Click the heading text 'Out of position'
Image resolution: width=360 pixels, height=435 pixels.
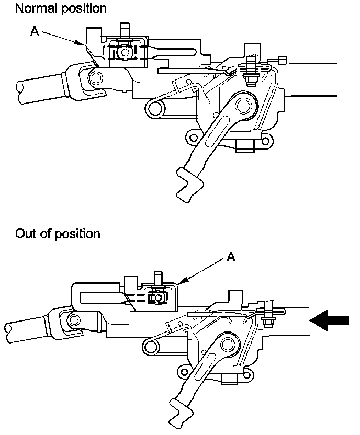pos(58,233)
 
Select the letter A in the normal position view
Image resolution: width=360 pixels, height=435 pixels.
pos(35,32)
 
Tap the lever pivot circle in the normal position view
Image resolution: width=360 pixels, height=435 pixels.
pos(243,106)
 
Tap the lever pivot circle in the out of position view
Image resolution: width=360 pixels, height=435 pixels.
pos(227,344)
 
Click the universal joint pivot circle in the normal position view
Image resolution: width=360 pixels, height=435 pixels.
pos(95,78)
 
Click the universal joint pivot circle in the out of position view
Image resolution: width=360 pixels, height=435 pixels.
pos(73,319)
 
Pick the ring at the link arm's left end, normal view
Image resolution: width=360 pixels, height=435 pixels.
pos(154,108)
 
